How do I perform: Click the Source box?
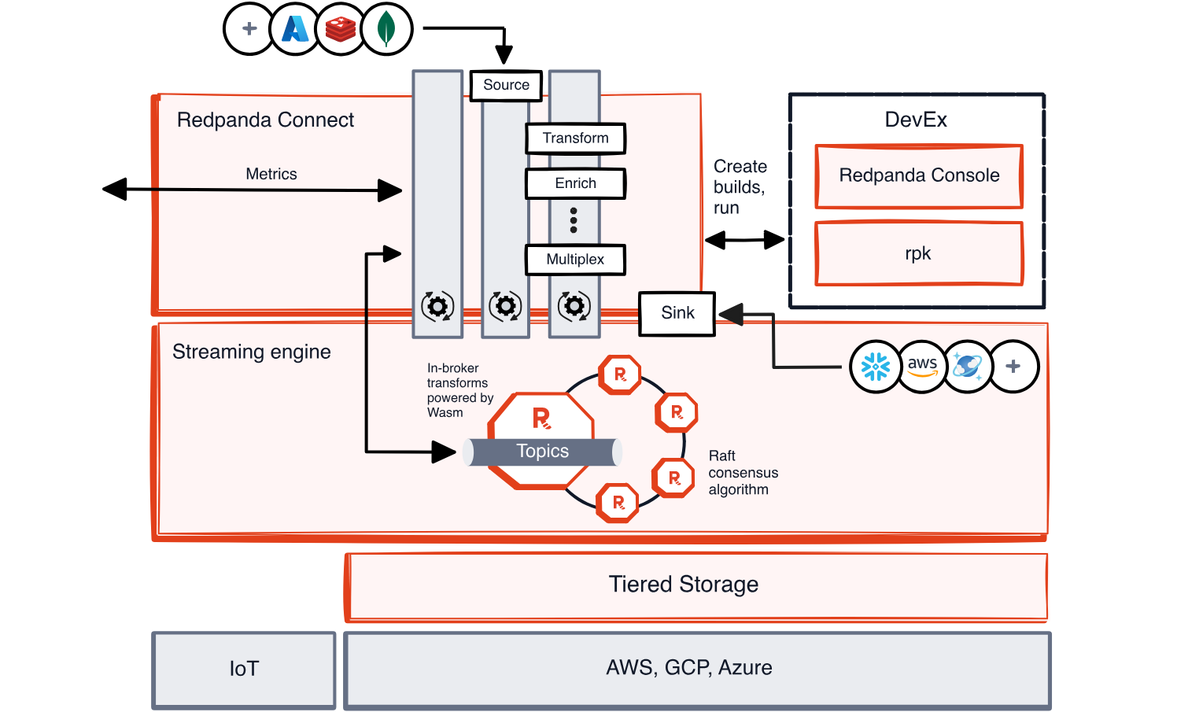click(x=506, y=86)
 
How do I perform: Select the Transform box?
click(x=575, y=138)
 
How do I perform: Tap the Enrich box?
click(x=575, y=183)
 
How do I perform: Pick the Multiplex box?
click(x=575, y=260)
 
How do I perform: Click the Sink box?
click(x=677, y=313)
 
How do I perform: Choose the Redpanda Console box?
click(x=919, y=175)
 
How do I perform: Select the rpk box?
click(x=919, y=253)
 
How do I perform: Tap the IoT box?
click(x=244, y=669)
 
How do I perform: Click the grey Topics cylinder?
click(x=543, y=452)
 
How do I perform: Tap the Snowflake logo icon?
click(x=875, y=367)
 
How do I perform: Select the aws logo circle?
click(x=922, y=367)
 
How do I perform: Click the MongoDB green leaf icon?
click(x=386, y=29)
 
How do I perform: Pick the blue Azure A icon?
click(x=295, y=29)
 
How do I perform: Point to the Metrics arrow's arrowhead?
click(x=391, y=190)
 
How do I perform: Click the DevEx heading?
click(x=916, y=120)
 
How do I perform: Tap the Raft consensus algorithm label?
click(x=743, y=473)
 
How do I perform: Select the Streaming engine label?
click(x=252, y=352)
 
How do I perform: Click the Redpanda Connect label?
click(x=265, y=120)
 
